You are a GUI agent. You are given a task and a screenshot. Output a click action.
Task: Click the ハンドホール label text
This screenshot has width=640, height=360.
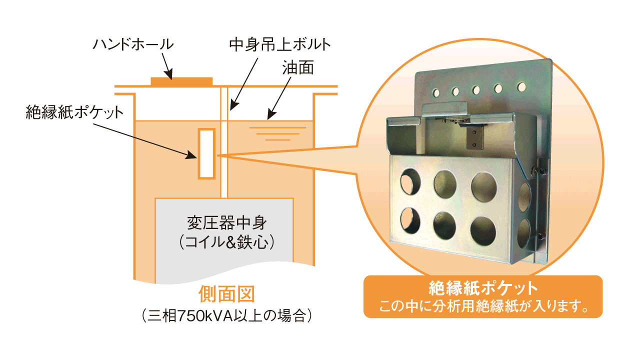coord(133,44)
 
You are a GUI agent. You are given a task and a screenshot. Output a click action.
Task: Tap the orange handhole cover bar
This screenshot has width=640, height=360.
coord(181,81)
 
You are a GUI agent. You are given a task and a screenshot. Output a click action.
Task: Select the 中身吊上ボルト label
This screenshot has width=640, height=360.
coord(279,45)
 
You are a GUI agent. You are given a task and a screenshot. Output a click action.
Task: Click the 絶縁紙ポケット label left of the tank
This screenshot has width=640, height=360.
coord(74,111)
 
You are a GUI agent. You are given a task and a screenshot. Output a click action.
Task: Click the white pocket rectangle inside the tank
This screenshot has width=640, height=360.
coord(206,153)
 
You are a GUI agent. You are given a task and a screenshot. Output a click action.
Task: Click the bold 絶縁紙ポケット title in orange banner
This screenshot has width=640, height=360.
coord(483,288)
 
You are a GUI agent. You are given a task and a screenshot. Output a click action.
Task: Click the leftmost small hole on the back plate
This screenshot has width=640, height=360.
coord(436,92)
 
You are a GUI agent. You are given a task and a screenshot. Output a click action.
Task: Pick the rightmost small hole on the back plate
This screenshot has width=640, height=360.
coord(521,87)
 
